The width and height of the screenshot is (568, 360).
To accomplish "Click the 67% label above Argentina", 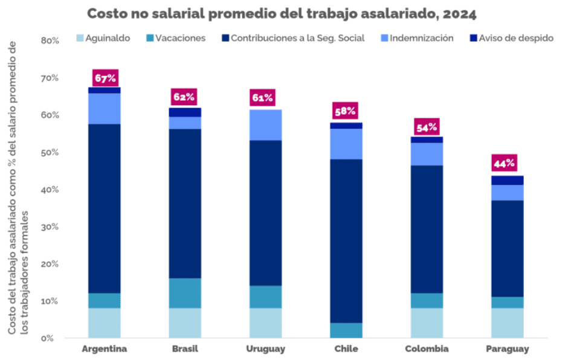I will pyautogui.click(x=105, y=78).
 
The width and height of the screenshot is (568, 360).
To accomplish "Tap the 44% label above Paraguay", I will pyautogui.click(x=503, y=162).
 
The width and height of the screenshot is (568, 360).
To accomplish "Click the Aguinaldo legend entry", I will pyautogui.click(x=104, y=38).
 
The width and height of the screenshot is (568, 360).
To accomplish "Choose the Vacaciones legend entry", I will pyautogui.click(x=176, y=38).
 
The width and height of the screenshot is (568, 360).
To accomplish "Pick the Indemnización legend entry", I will pyautogui.click(x=416, y=38).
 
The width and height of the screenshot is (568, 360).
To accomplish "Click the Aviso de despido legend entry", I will pyautogui.click(x=511, y=38).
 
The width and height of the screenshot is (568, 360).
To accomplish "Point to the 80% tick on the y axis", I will pyautogui.click(x=50, y=41).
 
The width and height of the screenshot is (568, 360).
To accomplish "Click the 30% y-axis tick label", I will pyautogui.click(x=50, y=227).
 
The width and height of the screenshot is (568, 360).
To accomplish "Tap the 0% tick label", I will pyautogui.click(x=53, y=338).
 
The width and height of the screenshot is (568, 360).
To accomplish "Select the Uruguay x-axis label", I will pyautogui.click(x=266, y=349).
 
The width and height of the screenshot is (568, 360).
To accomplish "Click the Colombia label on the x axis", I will pyautogui.click(x=427, y=349).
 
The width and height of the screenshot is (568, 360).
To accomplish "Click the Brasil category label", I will pyautogui.click(x=185, y=349).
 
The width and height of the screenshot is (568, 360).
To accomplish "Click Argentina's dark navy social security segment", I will pyautogui.click(x=105, y=208).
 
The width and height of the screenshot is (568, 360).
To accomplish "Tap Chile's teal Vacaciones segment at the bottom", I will pyautogui.click(x=346, y=330).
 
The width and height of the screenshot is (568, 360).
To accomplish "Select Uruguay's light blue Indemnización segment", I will pyautogui.click(x=266, y=125).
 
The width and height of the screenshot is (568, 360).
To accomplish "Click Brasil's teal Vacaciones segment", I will pyautogui.click(x=185, y=293).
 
